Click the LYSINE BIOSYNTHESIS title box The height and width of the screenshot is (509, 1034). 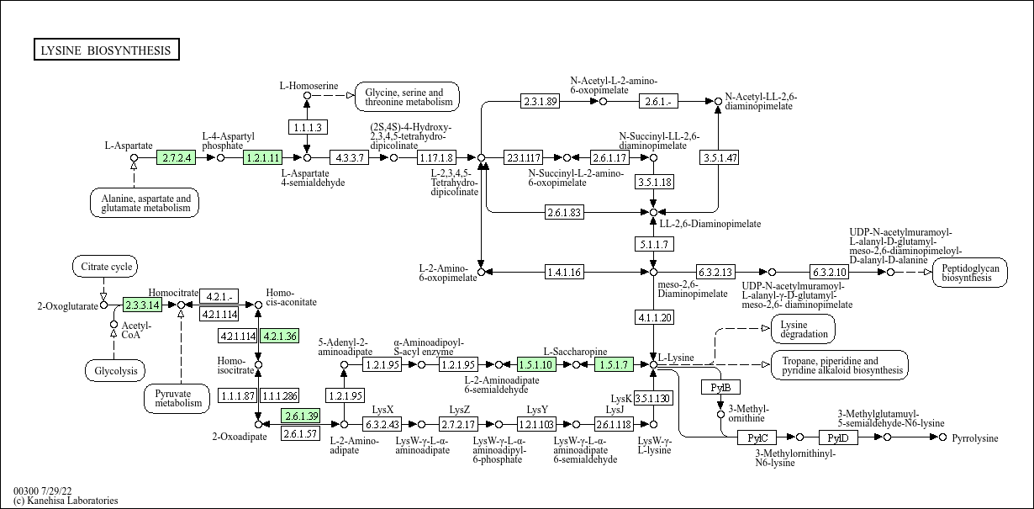pos(106,50)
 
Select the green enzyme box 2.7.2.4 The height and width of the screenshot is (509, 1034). pos(177,157)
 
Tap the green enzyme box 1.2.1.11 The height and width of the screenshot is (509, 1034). pos(262,157)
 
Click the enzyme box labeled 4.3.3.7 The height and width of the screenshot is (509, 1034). pos(350,157)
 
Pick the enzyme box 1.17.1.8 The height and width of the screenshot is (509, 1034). pos(436,157)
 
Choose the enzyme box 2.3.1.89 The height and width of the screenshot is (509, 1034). pos(540,101)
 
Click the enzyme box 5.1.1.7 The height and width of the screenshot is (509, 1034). pos(653,244)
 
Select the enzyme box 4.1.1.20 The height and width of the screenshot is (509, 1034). pos(653,317)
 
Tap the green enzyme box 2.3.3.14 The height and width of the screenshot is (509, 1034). pos(142,305)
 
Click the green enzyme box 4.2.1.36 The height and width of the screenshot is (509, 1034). pos(280,336)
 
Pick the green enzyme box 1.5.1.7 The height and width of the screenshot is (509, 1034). pos(614,364)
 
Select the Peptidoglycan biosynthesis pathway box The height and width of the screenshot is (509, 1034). pos(969,272)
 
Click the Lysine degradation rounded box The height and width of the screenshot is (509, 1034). pos(803,329)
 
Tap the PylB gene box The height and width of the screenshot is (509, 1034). pos(720,387)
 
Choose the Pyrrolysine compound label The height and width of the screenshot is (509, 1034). pos(975,438)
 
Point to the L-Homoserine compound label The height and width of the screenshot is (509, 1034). pos(309,86)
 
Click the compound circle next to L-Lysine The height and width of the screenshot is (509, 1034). pos(653,364)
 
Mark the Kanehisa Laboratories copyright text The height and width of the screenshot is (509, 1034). pos(66,501)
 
